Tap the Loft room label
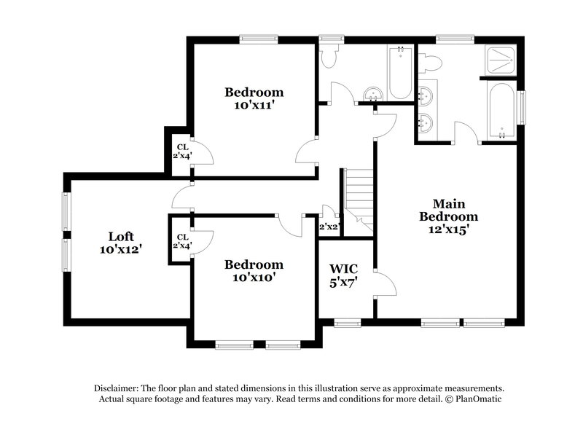(x=120, y=236)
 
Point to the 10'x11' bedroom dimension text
(x=254, y=105)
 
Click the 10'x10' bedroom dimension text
(x=254, y=277)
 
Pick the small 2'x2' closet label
(x=329, y=227)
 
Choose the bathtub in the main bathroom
(x=502, y=110)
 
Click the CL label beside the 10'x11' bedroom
(x=182, y=147)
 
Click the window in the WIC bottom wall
(x=347, y=321)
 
